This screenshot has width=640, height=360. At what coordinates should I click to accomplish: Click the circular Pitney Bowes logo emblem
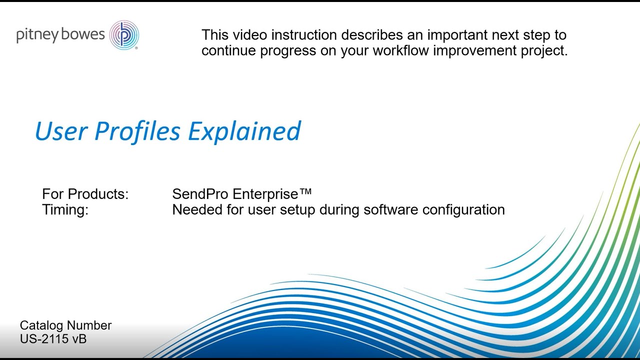click(124, 35)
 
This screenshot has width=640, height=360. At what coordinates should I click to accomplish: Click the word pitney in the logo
click(37, 35)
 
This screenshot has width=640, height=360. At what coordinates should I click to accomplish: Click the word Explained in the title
click(244, 131)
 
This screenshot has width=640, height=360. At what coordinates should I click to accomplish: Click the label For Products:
click(85, 194)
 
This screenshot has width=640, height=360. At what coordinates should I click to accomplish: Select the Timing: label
click(65, 209)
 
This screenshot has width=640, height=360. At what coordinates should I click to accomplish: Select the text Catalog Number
click(65, 325)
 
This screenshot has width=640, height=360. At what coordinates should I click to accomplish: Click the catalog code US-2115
click(44, 339)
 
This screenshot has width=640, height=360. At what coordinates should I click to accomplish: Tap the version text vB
click(79, 339)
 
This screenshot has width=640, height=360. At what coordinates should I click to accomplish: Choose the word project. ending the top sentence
click(542, 51)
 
